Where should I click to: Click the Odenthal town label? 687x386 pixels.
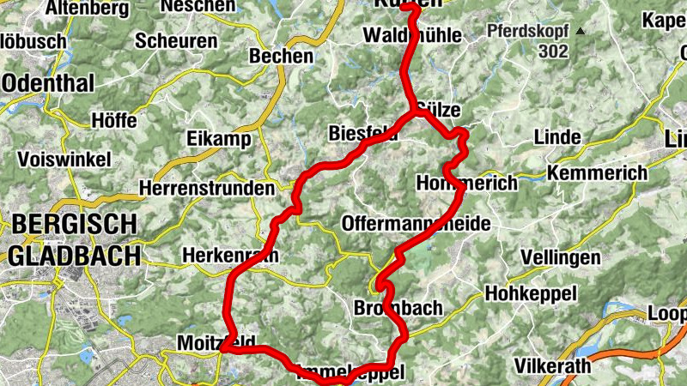tap(39, 82)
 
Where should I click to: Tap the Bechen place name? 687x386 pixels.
tap(281, 57)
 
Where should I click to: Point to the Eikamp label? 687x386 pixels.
tap(218, 140)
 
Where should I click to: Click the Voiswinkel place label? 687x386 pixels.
tap(64, 160)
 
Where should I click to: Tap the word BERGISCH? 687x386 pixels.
tap(74, 225)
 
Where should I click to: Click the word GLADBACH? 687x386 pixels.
tap(74, 255)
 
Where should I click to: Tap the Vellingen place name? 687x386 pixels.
tap(561, 257)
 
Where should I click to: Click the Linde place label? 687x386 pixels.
tap(557, 137)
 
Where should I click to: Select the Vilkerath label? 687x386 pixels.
tap(553, 366)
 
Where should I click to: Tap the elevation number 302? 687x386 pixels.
tap(554, 51)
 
